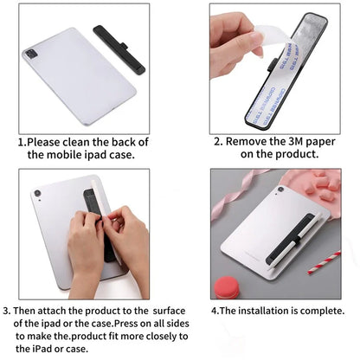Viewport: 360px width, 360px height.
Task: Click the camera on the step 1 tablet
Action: coord(31,54)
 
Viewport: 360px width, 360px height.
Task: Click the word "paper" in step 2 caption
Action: coord(308,142)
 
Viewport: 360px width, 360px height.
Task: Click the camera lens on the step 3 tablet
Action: coord(37,193)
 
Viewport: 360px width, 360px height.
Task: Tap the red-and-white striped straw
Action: coord(325,261)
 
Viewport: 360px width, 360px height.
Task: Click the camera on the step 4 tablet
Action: coord(280,190)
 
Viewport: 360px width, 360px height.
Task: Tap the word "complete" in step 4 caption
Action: coord(323,311)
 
